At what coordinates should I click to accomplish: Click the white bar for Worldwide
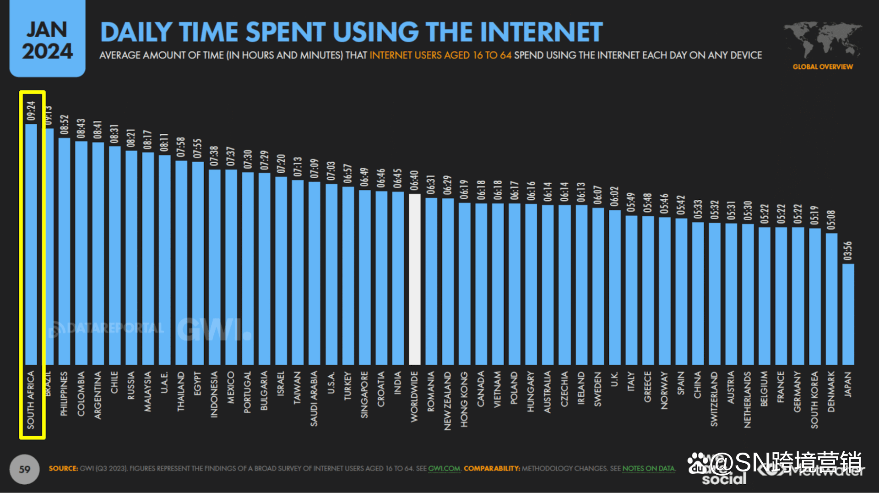click(x=414, y=279)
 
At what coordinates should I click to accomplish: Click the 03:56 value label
click(x=848, y=251)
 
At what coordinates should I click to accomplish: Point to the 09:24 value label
click(x=31, y=111)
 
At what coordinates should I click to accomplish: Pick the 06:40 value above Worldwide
click(x=414, y=181)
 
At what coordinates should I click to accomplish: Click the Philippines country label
click(x=64, y=394)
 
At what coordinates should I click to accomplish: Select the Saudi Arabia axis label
click(x=314, y=398)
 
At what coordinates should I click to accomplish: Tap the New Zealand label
click(x=447, y=400)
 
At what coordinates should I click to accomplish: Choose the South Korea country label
click(x=814, y=400)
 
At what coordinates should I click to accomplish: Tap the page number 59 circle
click(x=25, y=469)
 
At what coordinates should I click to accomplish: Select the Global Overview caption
click(x=823, y=67)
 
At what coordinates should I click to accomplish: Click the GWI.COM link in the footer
click(x=444, y=469)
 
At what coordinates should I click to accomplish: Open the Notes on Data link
click(x=648, y=469)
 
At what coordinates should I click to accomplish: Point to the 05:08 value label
click(x=831, y=220)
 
